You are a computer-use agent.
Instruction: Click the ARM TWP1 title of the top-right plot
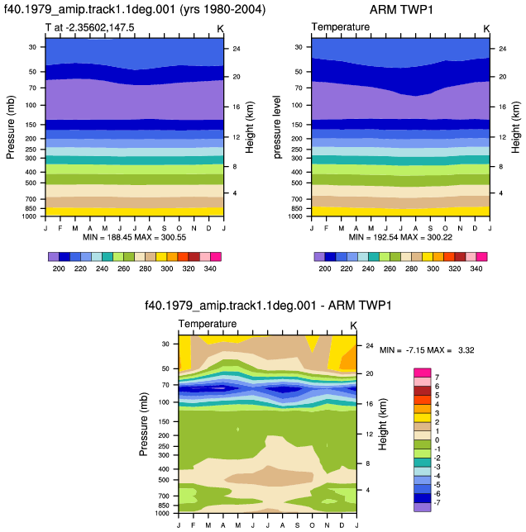click(401, 10)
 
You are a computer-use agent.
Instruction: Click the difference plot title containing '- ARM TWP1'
click(268, 306)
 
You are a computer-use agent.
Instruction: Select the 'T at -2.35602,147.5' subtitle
click(90, 27)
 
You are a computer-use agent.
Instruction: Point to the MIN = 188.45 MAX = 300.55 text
click(135, 237)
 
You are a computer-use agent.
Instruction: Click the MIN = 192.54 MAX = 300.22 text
click(400, 237)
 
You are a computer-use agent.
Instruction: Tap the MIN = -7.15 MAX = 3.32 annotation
click(427, 349)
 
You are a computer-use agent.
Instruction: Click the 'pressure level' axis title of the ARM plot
click(277, 127)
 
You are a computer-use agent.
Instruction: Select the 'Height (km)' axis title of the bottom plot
click(383, 424)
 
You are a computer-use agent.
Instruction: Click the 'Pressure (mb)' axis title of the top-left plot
click(11, 127)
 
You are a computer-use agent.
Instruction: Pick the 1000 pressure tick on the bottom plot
click(162, 513)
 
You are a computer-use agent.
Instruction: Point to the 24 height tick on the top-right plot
click(503, 49)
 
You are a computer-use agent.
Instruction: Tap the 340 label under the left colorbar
click(210, 268)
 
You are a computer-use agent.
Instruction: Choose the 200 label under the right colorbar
click(325, 268)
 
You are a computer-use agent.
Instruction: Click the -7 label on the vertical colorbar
click(437, 502)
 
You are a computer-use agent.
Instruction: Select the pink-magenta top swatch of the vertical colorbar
click(423, 373)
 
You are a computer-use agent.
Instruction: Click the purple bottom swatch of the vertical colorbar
click(423, 507)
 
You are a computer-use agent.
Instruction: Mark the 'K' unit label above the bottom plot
click(353, 325)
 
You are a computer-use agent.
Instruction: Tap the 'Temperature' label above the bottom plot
click(208, 324)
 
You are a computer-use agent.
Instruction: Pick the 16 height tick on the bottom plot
click(370, 404)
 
